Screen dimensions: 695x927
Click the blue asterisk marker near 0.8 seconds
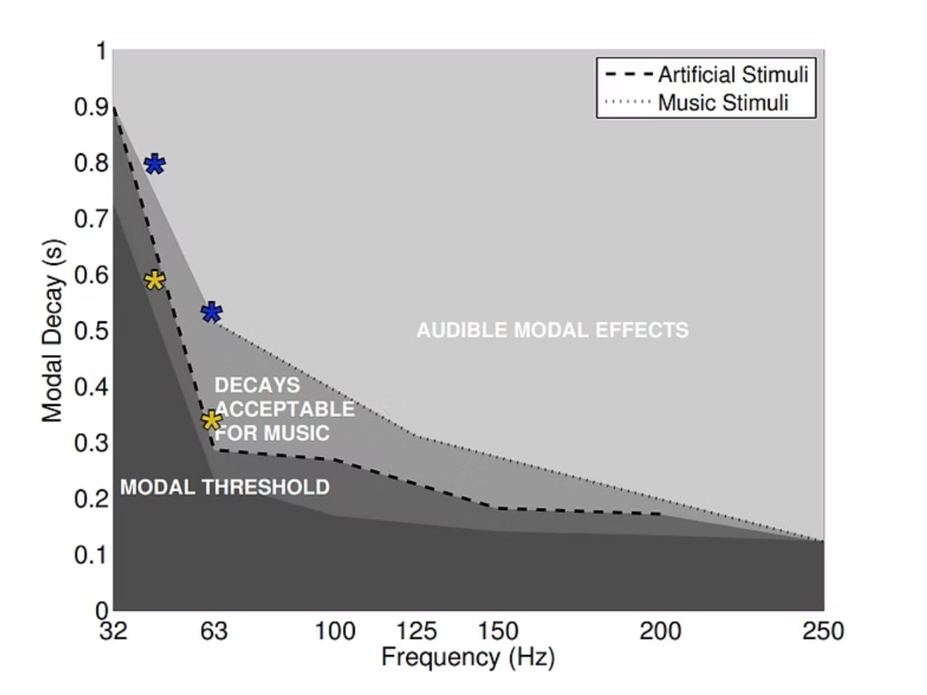(x=154, y=164)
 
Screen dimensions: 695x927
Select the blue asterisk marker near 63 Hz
(x=211, y=312)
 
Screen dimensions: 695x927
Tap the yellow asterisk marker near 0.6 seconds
(x=154, y=280)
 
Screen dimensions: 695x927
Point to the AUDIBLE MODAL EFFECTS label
(x=552, y=330)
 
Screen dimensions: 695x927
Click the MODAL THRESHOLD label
(x=225, y=487)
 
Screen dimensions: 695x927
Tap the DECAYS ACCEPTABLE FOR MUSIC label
(x=284, y=409)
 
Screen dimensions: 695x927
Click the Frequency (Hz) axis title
(x=467, y=657)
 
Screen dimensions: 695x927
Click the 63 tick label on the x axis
(x=213, y=632)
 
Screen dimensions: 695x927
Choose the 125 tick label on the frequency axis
(x=416, y=632)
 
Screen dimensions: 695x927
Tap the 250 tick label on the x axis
(x=822, y=632)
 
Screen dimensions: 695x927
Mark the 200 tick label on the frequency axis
(x=660, y=632)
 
